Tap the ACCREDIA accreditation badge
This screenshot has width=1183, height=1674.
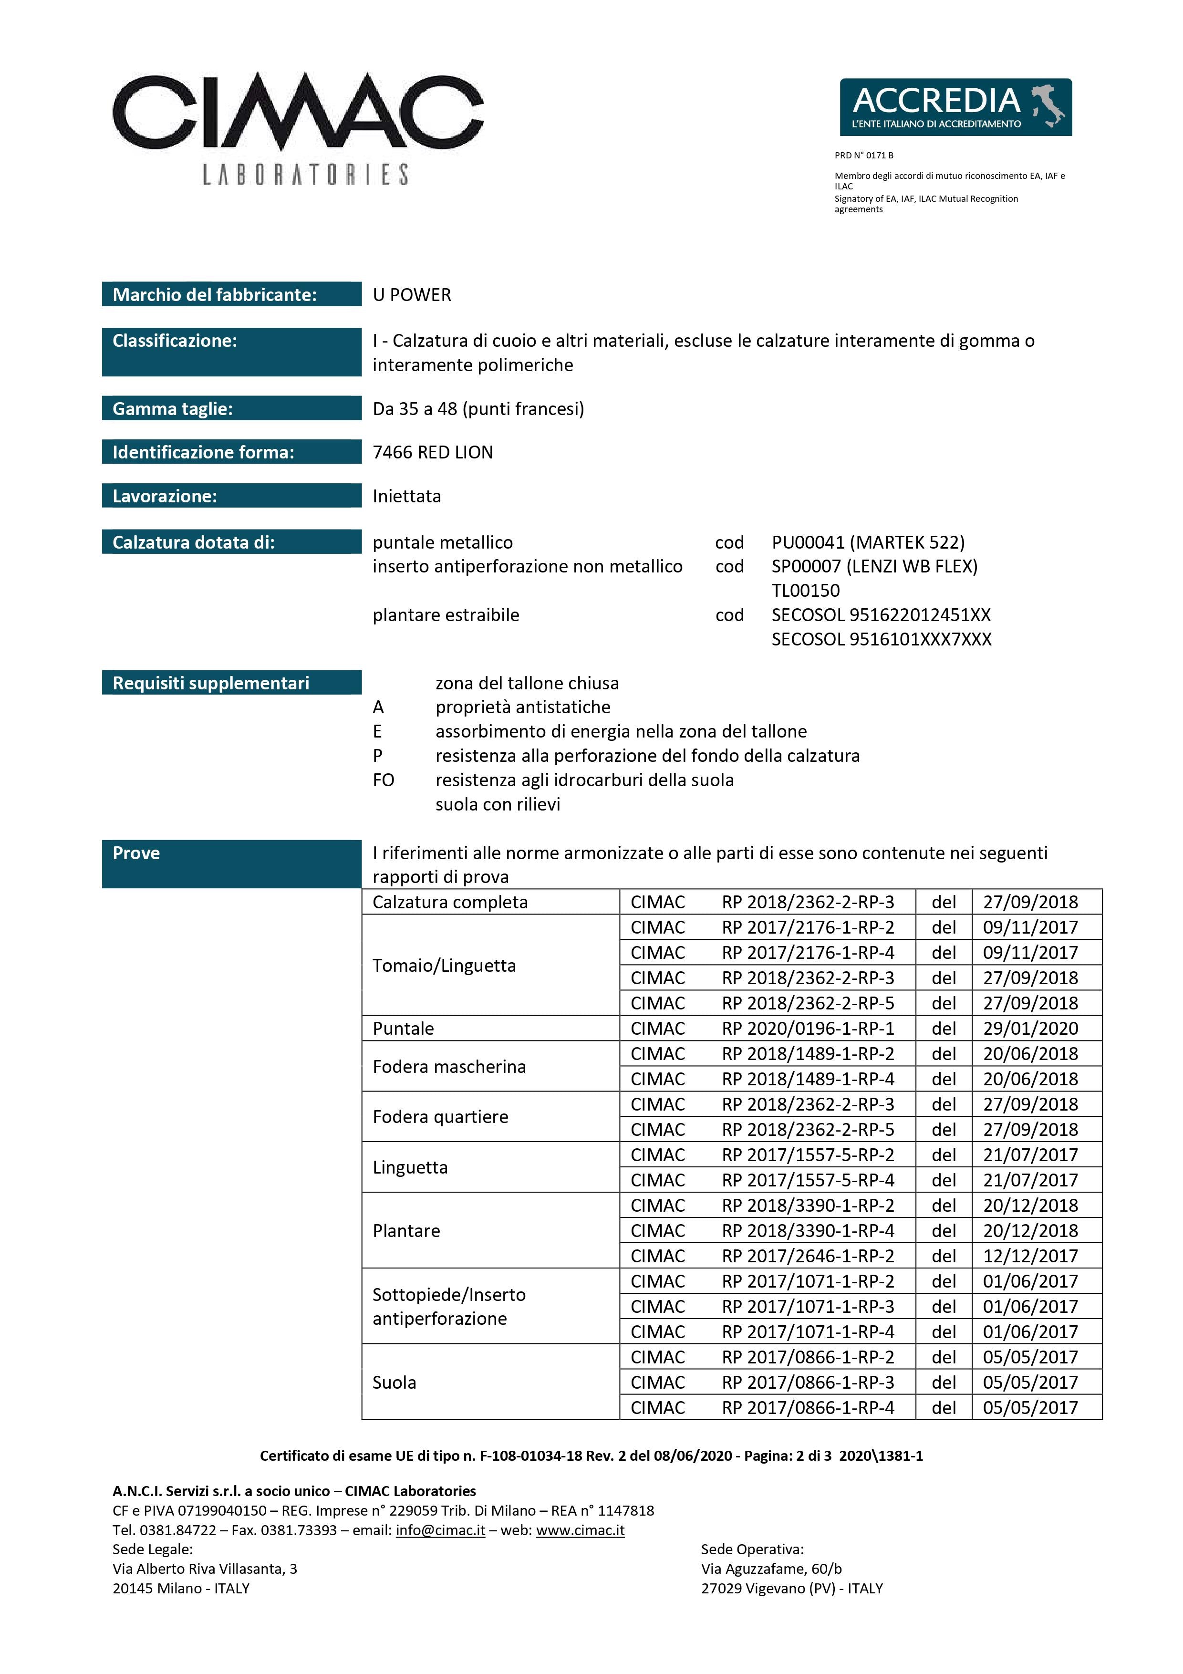click(x=955, y=107)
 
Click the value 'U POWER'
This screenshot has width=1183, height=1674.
click(x=412, y=294)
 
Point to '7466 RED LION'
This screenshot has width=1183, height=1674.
click(x=432, y=452)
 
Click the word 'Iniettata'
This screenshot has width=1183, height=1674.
click(x=407, y=496)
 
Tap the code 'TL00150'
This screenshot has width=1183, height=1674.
click(x=805, y=591)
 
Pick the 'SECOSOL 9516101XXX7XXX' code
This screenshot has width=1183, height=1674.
click(x=881, y=639)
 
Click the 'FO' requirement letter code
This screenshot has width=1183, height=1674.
click(x=384, y=780)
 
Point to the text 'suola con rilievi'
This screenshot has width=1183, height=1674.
click(x=498, y=804)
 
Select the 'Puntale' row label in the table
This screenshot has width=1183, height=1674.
click(x=403, y=1028)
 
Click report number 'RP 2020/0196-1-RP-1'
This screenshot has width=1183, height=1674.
click(x=808, y=1028)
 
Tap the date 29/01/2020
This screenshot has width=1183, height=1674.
click(x=1030, y=1028)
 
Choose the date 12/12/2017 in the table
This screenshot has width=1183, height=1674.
click(x=1030, y=1256)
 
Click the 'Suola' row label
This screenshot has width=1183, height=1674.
click(x=394, y=1383)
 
